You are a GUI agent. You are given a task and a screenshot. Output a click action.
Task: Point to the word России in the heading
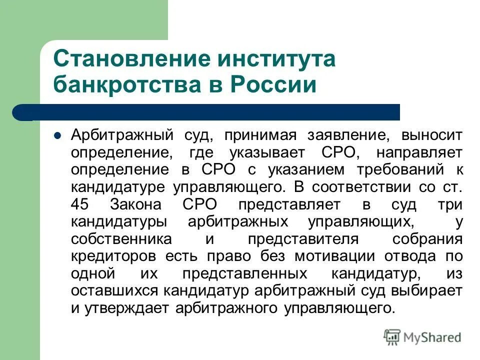coord(271,84)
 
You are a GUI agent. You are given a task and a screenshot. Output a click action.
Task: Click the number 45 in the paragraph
coord(80,204)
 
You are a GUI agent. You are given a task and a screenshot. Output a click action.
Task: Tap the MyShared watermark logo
coord(422,336)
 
